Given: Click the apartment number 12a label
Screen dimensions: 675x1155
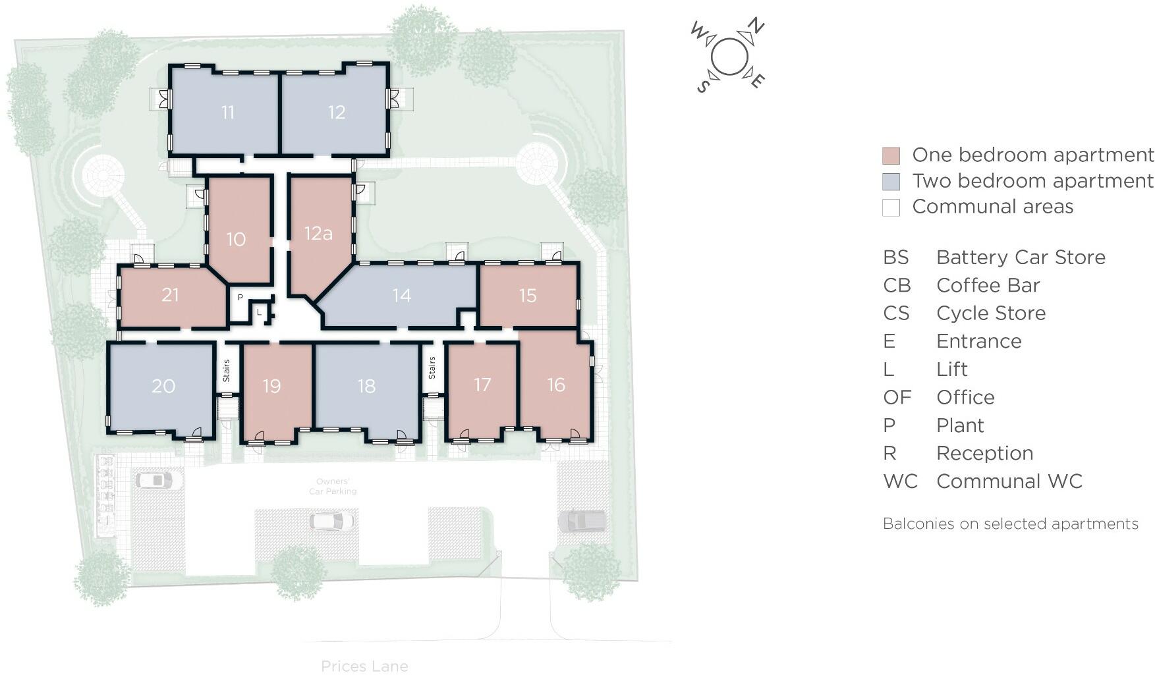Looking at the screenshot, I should tap(318, 233).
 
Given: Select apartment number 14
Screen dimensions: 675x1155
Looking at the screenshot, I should tap(401, 296).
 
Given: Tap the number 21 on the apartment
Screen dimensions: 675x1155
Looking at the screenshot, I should tap(170, 294).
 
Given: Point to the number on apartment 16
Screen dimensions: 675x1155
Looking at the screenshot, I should tap(556, 385).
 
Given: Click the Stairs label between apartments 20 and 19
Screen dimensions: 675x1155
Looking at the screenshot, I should tap(226, 370).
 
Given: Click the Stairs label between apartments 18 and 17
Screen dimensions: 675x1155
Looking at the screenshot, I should tap(432, 367).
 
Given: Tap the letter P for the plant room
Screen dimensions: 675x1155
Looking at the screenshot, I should tap(240, 298).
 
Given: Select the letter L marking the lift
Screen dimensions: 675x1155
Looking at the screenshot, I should tap(260, 313).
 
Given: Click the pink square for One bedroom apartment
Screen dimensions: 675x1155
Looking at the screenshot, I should tap(891, 156).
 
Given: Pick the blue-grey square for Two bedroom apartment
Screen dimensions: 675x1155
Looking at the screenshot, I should tap(891, 182).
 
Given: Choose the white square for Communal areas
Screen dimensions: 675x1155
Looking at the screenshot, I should tap(891, 207).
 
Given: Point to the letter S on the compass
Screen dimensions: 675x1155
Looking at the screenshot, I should tap(703, 86).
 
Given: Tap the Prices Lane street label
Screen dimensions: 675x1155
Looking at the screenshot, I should tap(364, 666).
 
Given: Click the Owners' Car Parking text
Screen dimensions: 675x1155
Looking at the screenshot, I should tap(333, 487).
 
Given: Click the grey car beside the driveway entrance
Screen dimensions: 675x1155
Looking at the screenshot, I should tap(582, 521).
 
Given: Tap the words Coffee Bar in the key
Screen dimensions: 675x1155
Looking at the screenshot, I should tap(988, 285).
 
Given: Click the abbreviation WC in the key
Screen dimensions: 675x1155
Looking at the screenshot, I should tap(900, 481).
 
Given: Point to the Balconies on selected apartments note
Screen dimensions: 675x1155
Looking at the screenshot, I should tap(1010, 524).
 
